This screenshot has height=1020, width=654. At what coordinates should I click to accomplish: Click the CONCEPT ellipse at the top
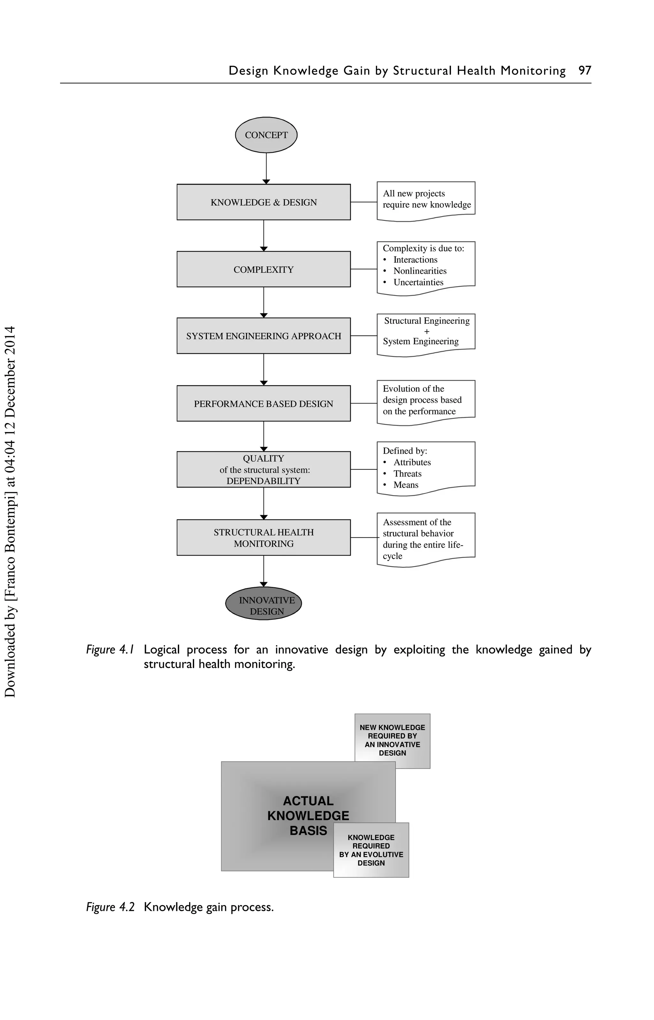click(266, 135)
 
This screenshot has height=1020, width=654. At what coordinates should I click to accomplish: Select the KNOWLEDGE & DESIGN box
click(263, 202)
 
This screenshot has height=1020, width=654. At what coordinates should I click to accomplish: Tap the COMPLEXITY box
click(263, 269)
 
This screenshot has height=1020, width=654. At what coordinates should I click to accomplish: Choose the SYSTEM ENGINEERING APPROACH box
click(263, 336)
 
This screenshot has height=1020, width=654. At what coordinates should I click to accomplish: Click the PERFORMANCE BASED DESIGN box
click(263, 404)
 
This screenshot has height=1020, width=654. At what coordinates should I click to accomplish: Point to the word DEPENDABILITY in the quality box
click(263, 481)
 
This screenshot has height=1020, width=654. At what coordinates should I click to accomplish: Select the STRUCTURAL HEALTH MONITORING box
click(263, 537)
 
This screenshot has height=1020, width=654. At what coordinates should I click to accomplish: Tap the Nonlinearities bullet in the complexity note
click(420, 271)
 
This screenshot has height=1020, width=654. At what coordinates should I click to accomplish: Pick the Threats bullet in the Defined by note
click(407, 474)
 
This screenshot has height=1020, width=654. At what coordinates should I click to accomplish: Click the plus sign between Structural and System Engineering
click(427, 331)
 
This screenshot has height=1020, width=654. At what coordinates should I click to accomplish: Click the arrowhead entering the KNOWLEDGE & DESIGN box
click(266, 182)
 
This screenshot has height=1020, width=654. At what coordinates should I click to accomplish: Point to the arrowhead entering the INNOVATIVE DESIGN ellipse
click(264, 585)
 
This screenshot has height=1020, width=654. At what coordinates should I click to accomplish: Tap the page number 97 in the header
click(585, 71)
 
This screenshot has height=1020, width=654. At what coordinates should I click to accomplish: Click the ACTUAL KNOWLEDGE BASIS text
click(308, 815)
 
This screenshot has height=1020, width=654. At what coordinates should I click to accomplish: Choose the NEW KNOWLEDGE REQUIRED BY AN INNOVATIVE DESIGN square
click(392, 740)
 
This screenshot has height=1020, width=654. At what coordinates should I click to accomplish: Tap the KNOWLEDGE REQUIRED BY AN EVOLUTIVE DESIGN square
click(371, 850)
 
